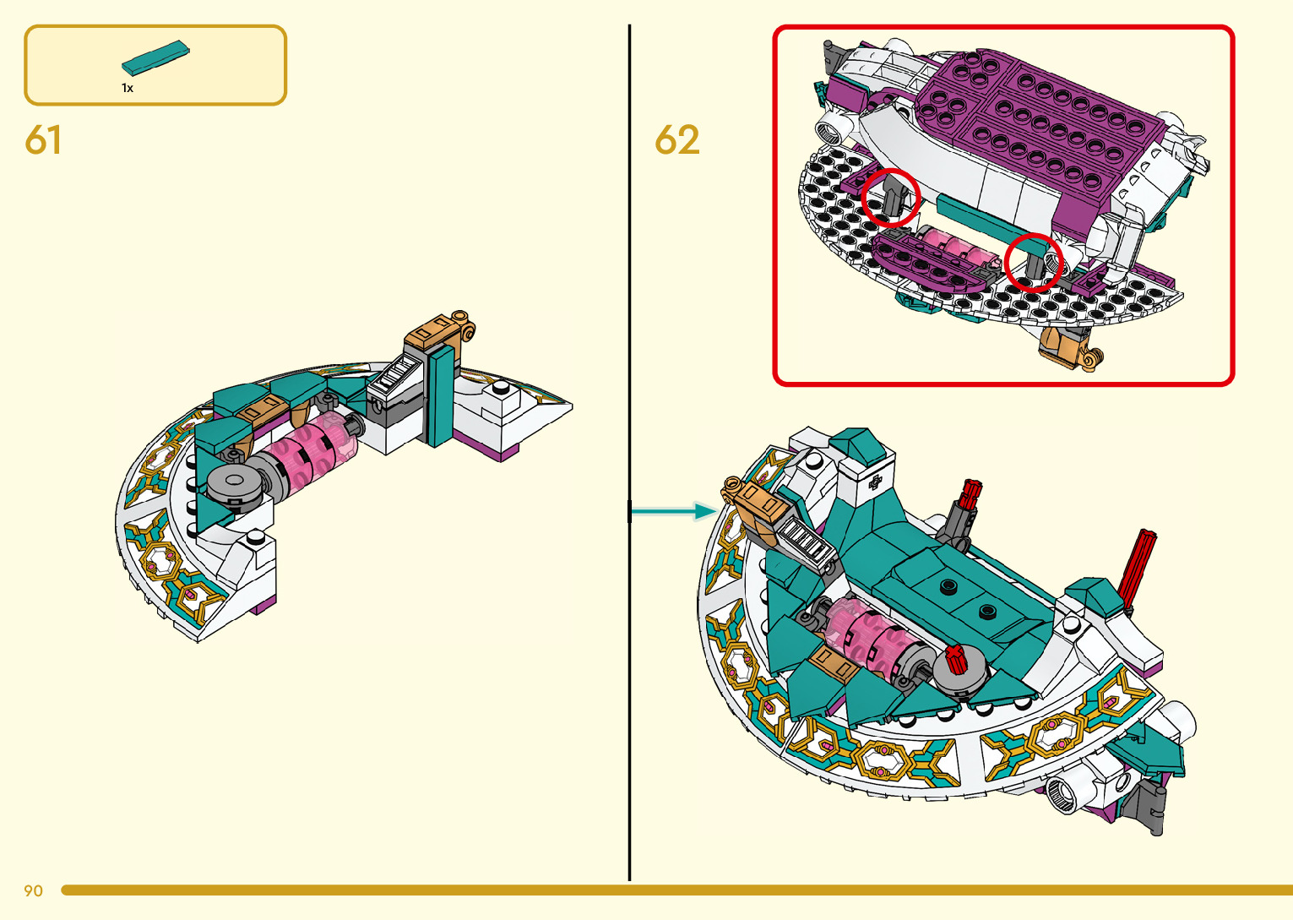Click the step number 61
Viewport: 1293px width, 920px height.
pos(43,140)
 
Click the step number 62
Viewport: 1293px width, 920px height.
pos(677,140)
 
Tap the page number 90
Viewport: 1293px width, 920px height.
pos(33,890)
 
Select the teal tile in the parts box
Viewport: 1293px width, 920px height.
pos(155,57)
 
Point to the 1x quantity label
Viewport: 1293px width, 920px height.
pos(128,88)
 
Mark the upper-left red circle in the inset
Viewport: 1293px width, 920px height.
pos(890,198)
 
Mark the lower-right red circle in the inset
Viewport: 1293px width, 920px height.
pos(1033,262)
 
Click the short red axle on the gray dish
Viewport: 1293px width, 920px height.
pos(954,657)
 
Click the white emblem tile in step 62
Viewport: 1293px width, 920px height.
pos(875,482)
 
